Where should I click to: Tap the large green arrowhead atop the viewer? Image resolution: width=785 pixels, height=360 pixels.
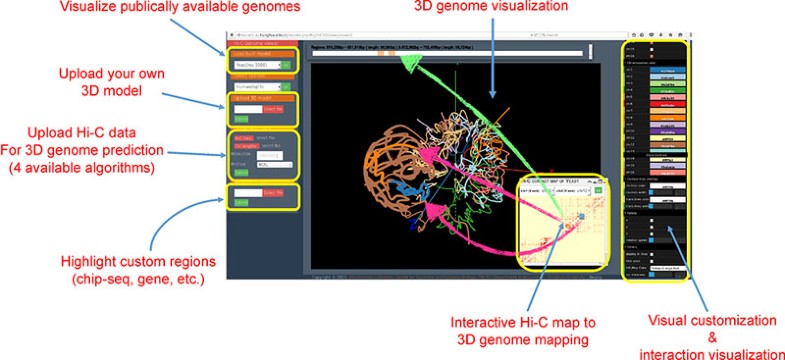pyautogui.click(x=409, y=62)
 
